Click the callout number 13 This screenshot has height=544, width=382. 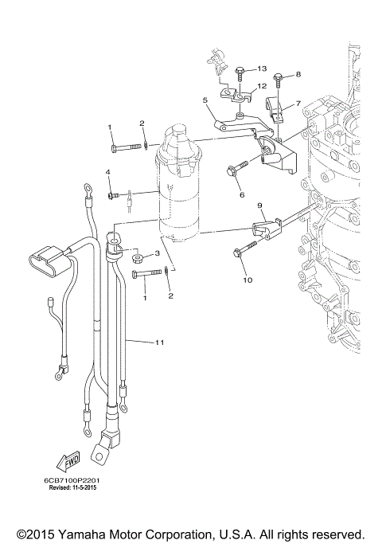[262, 69]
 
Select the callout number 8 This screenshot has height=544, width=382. [298, 74]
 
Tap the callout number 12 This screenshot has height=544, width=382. [262, 86]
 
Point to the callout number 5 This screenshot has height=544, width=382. [205, 100]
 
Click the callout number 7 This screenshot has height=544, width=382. [298, 104]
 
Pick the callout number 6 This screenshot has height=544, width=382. [242, 194]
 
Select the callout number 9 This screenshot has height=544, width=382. [259, 206]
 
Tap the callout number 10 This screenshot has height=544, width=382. [247, 280]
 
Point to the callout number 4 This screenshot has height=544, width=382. [108, 172]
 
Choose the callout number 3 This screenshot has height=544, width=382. [157, 253]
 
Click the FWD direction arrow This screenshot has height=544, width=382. [66, 462]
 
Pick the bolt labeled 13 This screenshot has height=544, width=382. [241, 73]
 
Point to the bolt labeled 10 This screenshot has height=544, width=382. [240, 254]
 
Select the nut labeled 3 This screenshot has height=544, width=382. [137, 257]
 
